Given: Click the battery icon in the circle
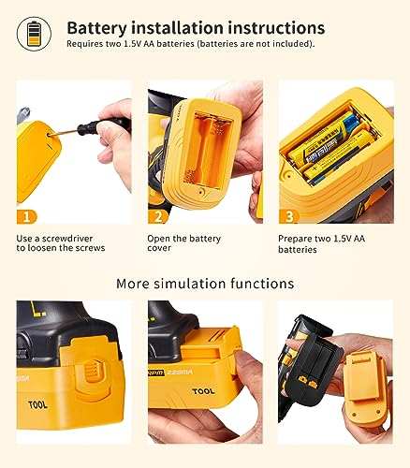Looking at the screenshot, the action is pyautogui.click(x=35, y=34).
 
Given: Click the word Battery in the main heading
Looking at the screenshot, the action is pyautogui.click(x=97, y=28).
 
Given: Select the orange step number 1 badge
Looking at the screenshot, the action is pyautogui.click(x=27, y=217).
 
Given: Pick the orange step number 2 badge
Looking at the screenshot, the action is pyautogui.click(x=158, y=217).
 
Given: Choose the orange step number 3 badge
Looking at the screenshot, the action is pyautogui.click(x=289, y=217).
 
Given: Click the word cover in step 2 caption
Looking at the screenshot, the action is pyautogui.click(x=159, y=248).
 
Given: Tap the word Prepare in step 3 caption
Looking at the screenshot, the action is pyautogui.click(x=295, y=240).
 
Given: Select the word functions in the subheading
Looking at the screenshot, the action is pyautogui.click(x=262, y=284).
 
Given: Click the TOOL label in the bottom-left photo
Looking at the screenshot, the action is pyautogui.click(x=37, y=405).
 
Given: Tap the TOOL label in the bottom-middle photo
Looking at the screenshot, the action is pyautogui.click(x=203, y=391).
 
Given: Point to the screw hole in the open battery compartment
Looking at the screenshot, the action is pyautogui.click(x=201, y=191).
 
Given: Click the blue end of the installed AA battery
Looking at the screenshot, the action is pyautogui.click(x=350, y=120).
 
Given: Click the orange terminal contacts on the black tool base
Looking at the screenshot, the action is pyautogui.click(x=308, y=380).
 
